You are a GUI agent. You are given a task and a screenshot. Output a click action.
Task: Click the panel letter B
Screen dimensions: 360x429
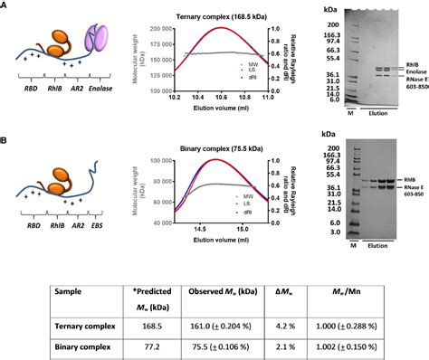click(5, 142)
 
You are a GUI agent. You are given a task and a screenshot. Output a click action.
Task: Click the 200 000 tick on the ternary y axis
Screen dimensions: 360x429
click(156, 29)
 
